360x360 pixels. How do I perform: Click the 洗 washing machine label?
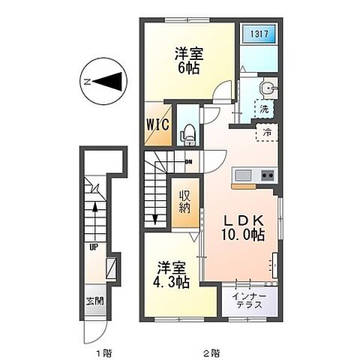[264, 109]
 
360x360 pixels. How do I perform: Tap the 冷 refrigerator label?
[266, 133]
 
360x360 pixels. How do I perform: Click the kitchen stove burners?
[266, 176]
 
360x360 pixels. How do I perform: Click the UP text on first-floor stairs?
[94, 245]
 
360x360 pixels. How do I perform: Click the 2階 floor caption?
[211, 350]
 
